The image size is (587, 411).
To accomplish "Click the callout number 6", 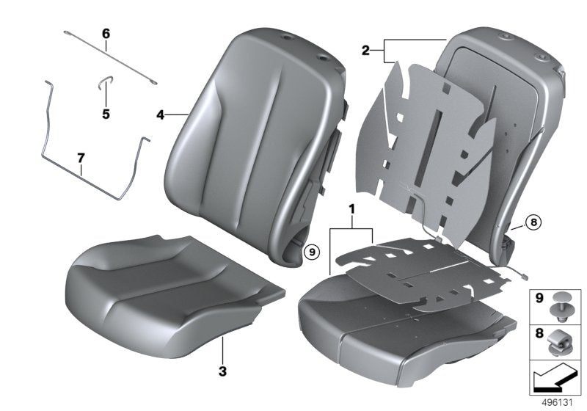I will [106, 34].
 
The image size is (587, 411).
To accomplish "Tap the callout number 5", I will [106, 114].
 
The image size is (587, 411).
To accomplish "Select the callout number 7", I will [81, 158].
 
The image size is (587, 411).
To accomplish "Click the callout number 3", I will [222, 369].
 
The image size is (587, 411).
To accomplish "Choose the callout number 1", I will [352, 209].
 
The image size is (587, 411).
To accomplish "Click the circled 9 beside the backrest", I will [311, 252].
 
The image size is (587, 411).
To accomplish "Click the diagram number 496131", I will [557, 404].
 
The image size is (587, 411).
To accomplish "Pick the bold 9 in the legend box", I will [538, 299].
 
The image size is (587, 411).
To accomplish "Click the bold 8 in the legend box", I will [538, 335].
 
